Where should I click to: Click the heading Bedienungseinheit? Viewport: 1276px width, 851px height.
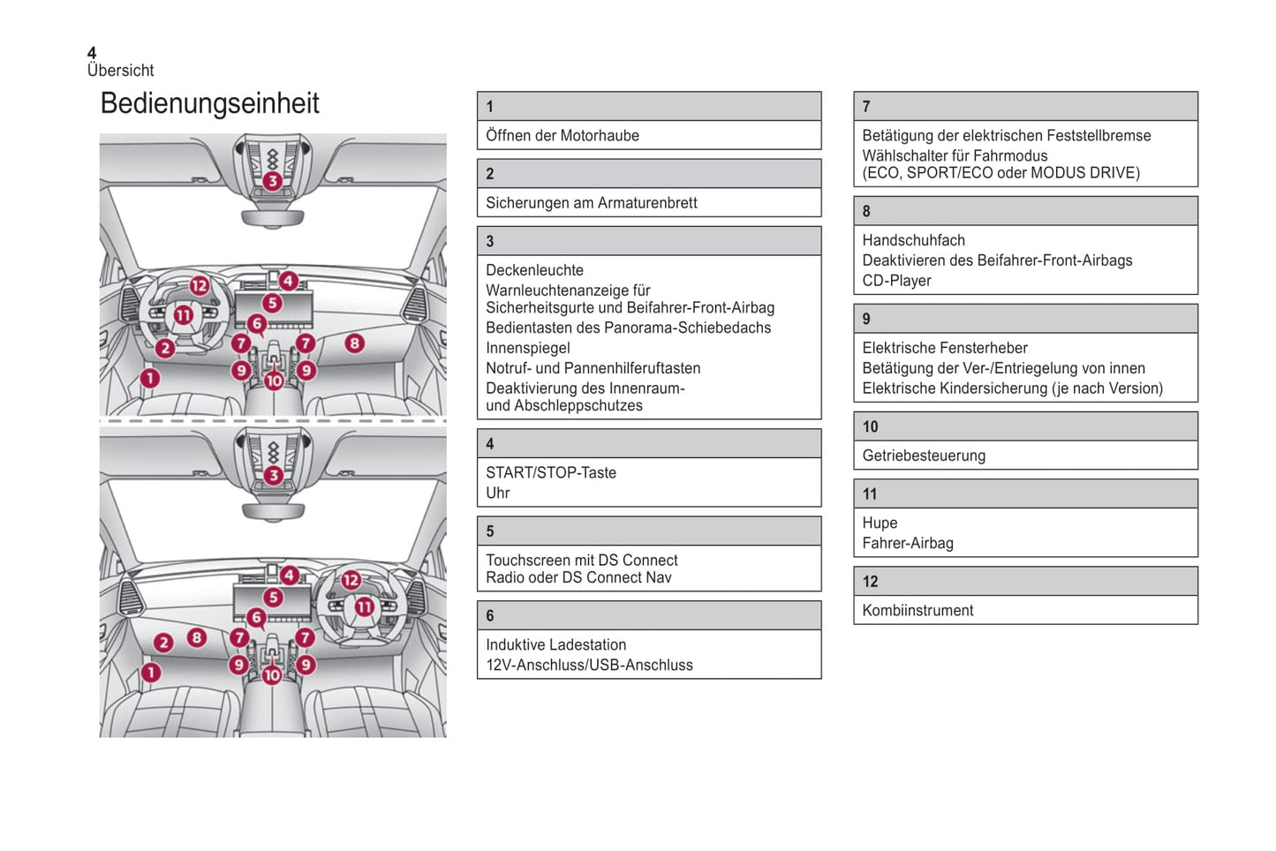click(x=209, y=103)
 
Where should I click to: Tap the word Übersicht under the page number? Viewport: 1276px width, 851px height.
click(x=120, y=71)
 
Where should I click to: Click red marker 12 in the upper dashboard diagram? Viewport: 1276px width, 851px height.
click(x=200, y=285)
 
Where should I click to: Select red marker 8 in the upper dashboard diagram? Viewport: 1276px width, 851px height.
click(x=354, y=343)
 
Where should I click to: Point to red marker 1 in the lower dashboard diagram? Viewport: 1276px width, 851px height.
click(x=151, y=673)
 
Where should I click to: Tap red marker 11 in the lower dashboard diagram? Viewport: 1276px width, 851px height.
click(x=364, y=607)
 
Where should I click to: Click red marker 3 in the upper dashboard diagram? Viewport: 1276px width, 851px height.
click(x=273, y=181)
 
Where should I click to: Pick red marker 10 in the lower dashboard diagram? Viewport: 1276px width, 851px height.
click(x=272, y=675)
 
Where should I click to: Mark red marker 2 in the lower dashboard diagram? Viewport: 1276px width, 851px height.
click(x=163, y=643)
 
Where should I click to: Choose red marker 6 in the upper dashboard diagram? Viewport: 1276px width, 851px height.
click(x=257, y=324)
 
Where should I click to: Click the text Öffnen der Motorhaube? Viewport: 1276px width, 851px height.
click(x=562, y=136)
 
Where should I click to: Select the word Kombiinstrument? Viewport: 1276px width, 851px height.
click(x=917, y=611)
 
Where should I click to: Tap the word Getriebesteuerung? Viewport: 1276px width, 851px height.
click(x=924, y=456)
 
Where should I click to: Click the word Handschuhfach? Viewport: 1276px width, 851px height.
click(x=913, y=241)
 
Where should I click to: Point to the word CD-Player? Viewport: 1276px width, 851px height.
click(x=896, y=282)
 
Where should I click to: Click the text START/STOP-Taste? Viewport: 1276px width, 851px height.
click(x=550, y=473)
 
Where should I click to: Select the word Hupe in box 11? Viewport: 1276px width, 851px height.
click(x=880, y=523)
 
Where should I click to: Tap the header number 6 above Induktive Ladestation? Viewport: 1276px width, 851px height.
click(x=490, y=616)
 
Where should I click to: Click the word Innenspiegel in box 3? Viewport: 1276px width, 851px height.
click(x=527, y=349)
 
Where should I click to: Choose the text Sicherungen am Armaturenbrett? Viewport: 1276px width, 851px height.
click(x=591, y=203)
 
